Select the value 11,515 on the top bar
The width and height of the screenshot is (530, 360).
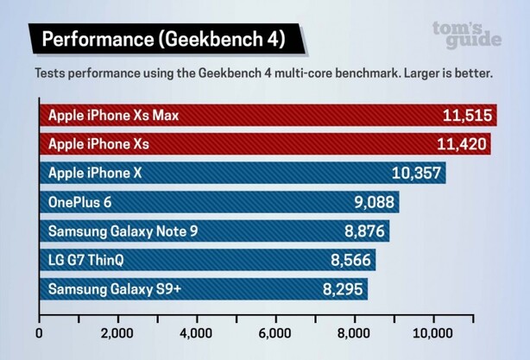465,116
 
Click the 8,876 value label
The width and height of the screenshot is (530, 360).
363,231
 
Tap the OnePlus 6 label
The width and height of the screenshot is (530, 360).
80,202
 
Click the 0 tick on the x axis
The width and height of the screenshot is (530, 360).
39,332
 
